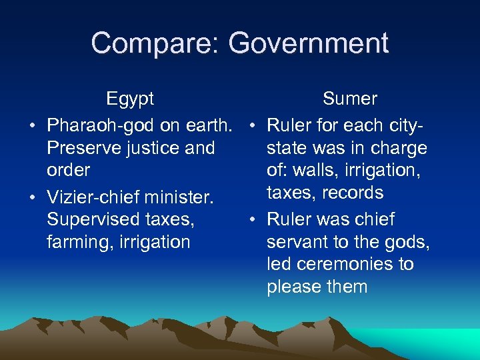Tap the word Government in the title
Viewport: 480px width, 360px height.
coord(308,43)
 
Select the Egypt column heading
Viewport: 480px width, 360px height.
coord(130,99)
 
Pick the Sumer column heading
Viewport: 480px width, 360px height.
coord(349,99)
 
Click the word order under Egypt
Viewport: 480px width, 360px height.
coord(68,170)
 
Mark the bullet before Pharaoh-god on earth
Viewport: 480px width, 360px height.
coord(31,125)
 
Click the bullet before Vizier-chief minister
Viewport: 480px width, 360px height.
coord(31,197)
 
